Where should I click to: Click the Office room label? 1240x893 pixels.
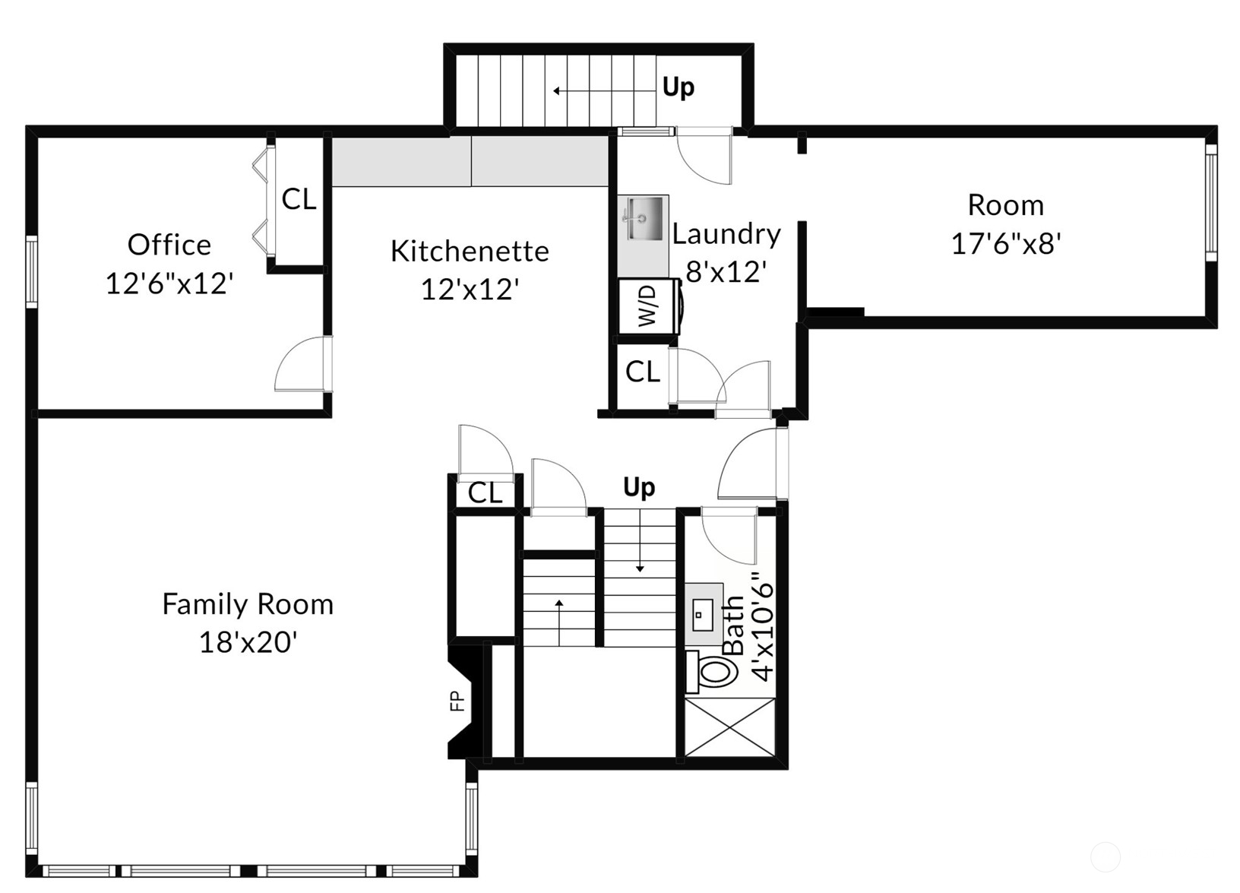[169, 245]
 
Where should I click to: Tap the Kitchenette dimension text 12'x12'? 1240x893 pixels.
[470, 290]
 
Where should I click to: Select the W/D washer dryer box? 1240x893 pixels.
[647, 306]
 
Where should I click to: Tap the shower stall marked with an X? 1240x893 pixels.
[729, 727]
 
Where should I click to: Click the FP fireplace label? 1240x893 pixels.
[457, 700]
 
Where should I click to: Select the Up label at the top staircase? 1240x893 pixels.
[678, 87]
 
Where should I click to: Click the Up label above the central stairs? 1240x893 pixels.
[638, 486]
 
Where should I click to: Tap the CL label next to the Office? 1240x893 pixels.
[299, 200]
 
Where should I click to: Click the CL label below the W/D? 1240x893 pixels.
[643, 372]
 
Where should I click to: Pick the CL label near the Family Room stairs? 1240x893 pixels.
[485, 493]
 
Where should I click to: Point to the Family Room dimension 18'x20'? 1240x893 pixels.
[248, 643]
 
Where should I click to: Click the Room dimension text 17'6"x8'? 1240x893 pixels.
[1005, 244]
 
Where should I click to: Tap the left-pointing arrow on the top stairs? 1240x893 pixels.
[558, 91]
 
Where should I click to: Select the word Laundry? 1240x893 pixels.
[726, 234]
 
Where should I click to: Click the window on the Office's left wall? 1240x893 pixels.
[31, 271]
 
